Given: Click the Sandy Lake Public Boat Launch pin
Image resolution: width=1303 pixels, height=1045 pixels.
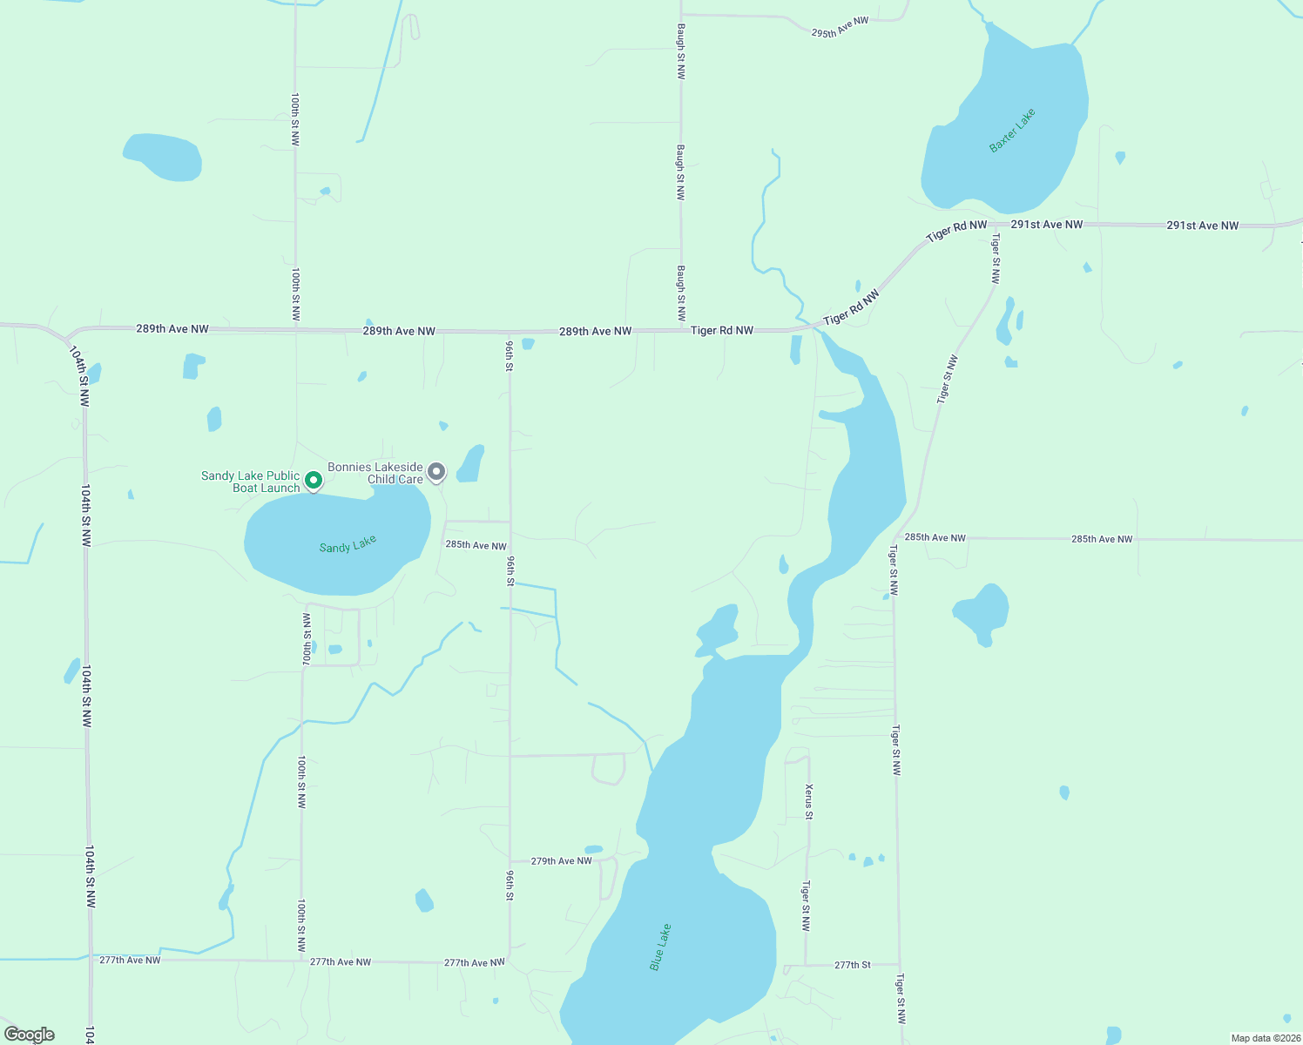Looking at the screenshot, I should pyautogui.click(x=314, y=480).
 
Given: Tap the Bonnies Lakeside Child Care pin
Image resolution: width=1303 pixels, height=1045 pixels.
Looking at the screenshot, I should pyautogui.click(x=436, y=472).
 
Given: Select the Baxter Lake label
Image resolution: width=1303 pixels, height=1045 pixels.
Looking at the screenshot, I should pyautogui.click(x=1012, y=130).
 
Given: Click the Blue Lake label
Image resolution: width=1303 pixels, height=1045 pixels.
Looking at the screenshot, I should pyautogui.click(x=660, y=947).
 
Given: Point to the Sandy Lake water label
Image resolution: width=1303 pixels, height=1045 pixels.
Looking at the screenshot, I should pyautogui.click(x=348, y=545).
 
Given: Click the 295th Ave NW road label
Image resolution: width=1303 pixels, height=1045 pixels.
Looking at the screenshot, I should pyautogui.click(x=840, y=27).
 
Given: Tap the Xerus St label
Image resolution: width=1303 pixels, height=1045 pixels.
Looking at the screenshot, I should pyautogui.click(x=809, y=801).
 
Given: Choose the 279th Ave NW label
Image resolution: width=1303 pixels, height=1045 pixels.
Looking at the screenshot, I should pyautogui.click(x=561, y=861).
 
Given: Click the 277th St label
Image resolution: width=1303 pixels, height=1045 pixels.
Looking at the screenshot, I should pyautogui.click(x=852, y=965).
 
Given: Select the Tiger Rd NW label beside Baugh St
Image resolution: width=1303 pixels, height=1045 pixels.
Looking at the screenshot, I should pyautogui.click(x=721, y=331).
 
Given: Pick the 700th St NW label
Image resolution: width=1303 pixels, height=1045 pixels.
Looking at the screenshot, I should pyautogui.click(x=306, y=639).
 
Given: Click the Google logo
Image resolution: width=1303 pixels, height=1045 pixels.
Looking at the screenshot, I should pyautogui.click(x=30, y=1035).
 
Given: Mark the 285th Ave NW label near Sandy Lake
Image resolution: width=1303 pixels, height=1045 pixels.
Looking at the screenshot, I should pyautogui.click(x=476, y=546).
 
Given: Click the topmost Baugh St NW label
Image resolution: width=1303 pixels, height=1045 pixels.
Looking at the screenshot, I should pyautogui.click(x=681, y=51).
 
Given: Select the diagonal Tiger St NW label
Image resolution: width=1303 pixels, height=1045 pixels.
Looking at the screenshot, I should pyautogui.click(x=947, y=379).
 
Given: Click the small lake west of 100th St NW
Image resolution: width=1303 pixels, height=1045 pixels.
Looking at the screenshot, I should pyautogui.click(x=164, y=157).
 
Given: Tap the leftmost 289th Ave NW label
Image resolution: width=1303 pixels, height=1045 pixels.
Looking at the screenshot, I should pyautogui.click(x=172, y=329).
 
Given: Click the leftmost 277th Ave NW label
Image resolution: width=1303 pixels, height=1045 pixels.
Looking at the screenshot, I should pyautogui.click(x=130, y=960).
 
